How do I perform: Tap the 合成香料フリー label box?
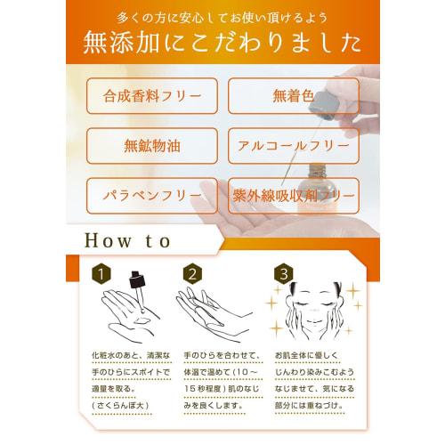click(x=151, y=95)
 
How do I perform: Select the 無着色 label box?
click(x=293, y=95)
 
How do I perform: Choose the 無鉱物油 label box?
click(x=151, y=145)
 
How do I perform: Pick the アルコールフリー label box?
click(x=293, y=145)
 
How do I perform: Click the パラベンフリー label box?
click(x=151, y=195)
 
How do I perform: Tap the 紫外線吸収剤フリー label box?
click(x=293, y=195)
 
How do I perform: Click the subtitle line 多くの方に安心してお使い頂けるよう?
click(x=222, y=18)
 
